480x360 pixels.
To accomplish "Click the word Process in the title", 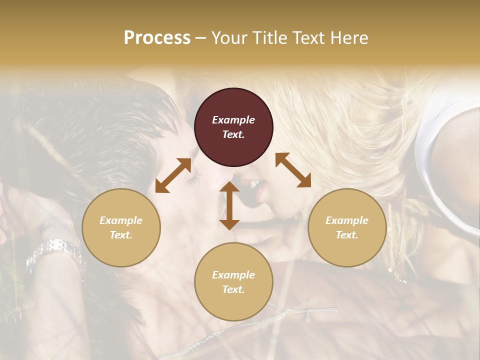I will point(157,38).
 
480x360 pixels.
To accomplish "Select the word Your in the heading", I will point(228,38).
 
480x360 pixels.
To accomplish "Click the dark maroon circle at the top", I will point(233,127).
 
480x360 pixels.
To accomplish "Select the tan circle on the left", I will point(121,227).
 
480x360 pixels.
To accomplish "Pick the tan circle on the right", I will point(347,227).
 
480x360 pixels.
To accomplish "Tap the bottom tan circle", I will point(233,281).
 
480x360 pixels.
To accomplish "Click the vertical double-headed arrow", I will point(229,205).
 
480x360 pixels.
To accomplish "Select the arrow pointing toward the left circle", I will point(173,175).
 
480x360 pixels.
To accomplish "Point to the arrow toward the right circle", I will point(293,170).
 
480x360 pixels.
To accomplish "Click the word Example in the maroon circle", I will point(233,120).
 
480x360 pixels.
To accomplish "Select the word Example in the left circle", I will point(121,220).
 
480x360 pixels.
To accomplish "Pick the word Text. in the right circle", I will point(347,235).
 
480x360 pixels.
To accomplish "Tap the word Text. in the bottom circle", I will point(233,289).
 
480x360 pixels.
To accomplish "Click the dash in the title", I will point(200,38).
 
